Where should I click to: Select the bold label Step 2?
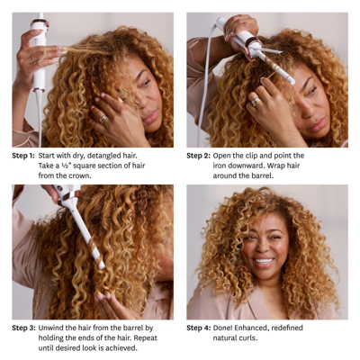199,155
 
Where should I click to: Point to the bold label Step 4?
199,328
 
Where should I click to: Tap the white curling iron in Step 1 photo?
39,54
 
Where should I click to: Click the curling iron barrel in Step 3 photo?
83,234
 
